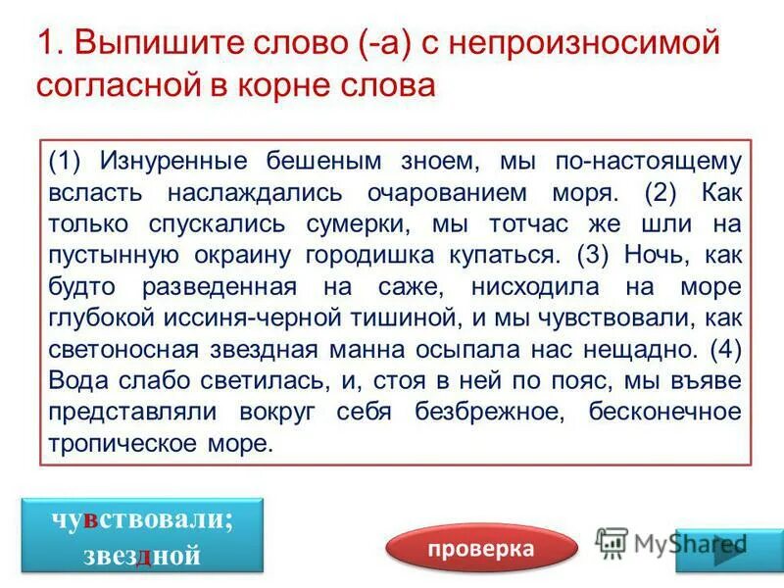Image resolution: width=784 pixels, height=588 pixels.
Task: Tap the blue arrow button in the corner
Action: point(727,546)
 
